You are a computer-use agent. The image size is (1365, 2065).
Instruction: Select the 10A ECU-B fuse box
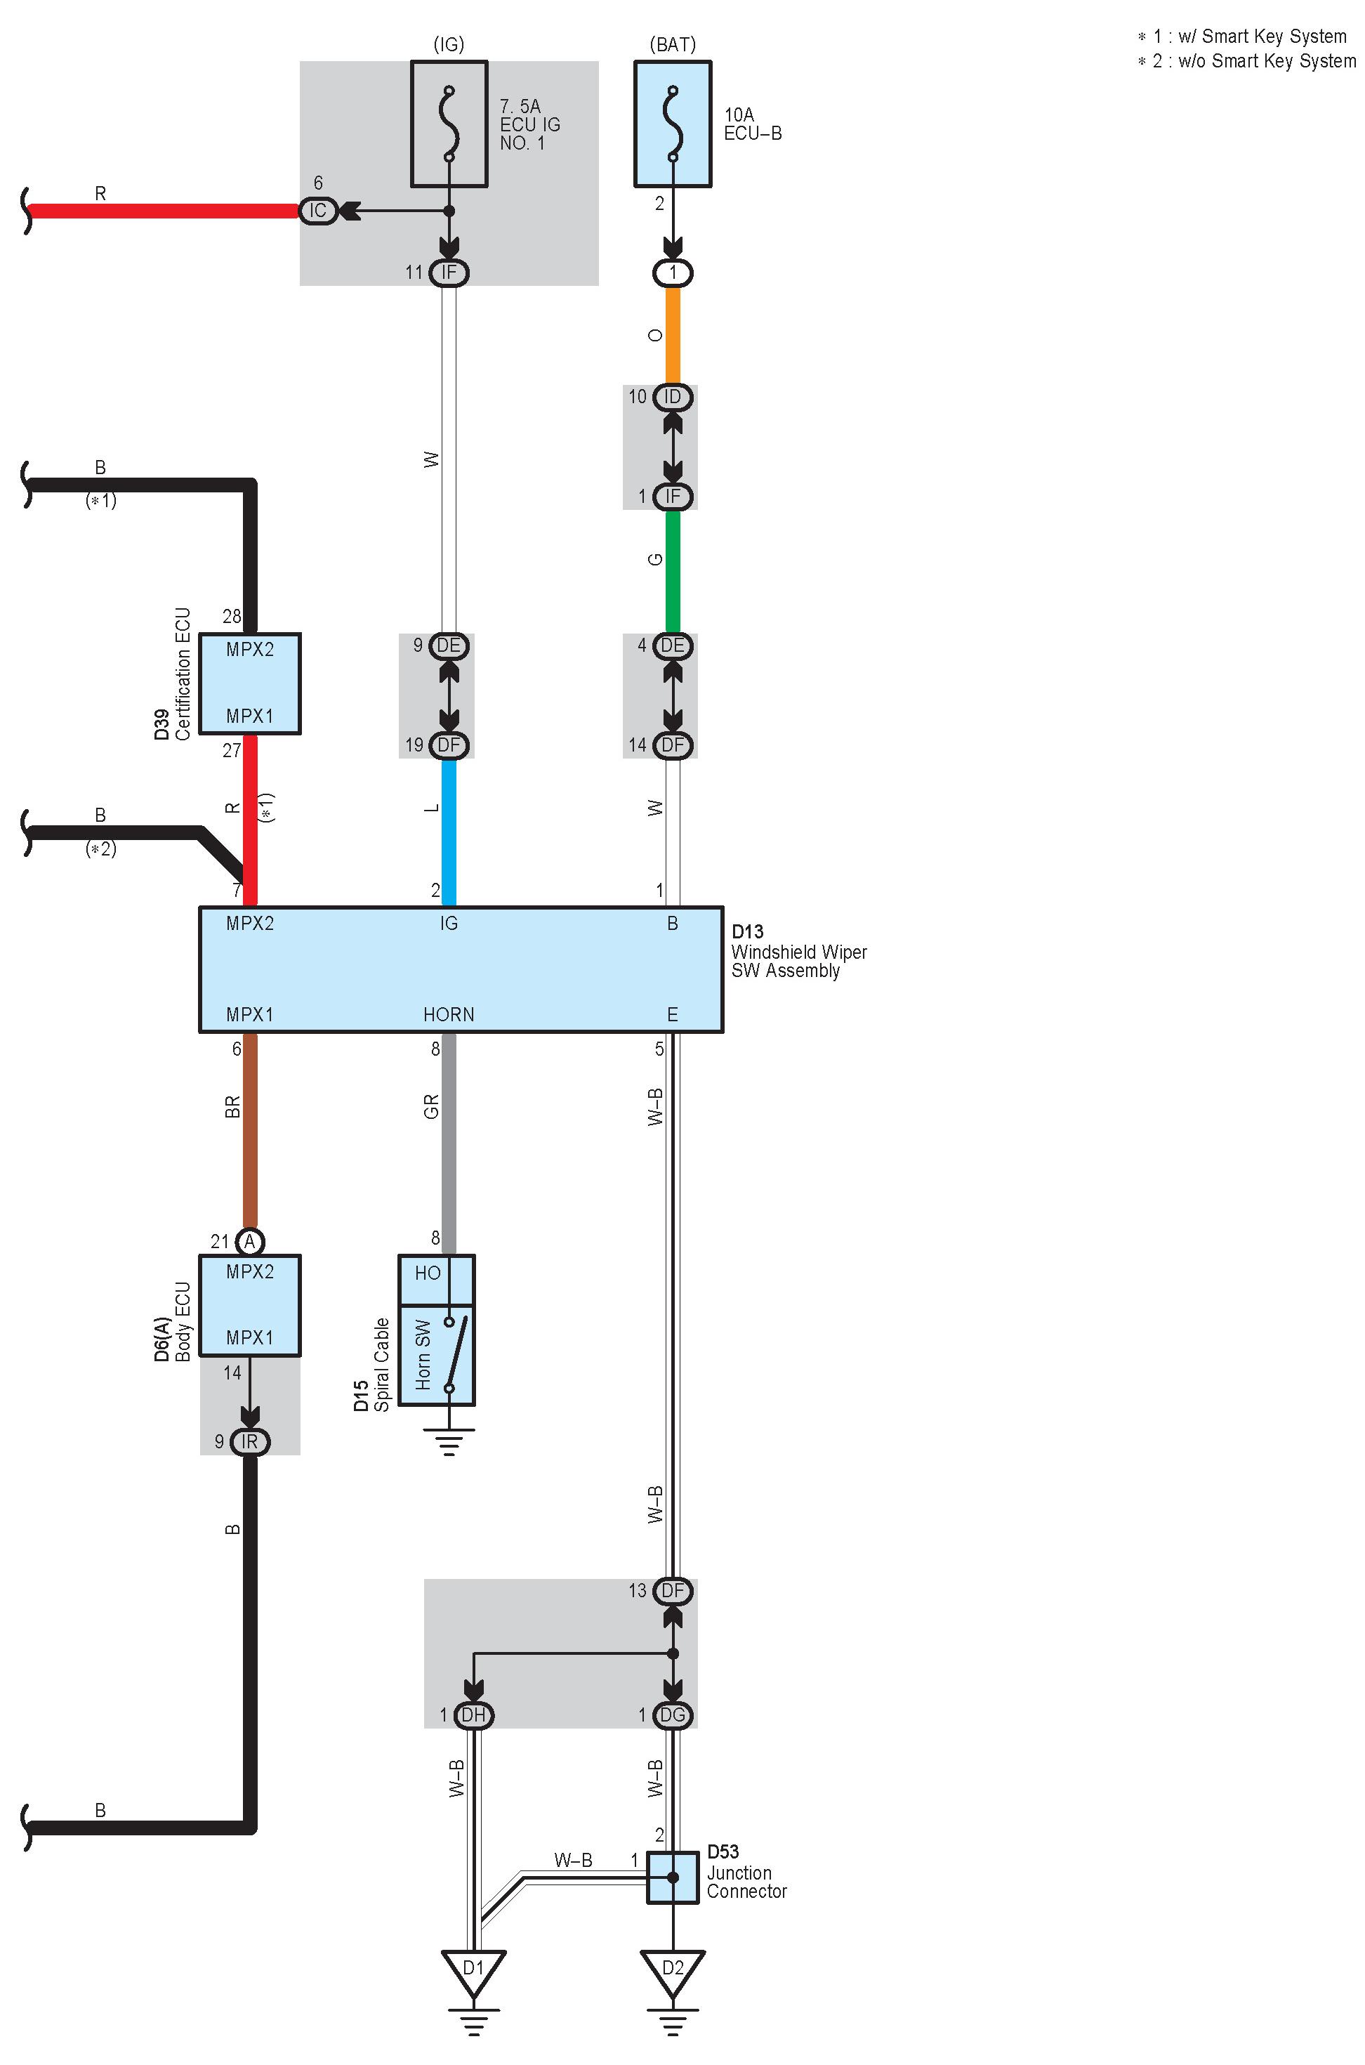[672, 124]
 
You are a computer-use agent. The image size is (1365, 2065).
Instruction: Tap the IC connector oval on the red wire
[318, 211]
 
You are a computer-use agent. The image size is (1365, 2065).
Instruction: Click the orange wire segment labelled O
[672, 335]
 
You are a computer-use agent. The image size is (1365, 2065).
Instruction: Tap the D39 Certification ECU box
[250, 683]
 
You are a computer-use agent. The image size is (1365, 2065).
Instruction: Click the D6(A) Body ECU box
[250, 1305]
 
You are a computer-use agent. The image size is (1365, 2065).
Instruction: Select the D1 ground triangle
[473, 1971]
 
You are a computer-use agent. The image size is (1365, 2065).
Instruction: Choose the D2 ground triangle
[672, 1971]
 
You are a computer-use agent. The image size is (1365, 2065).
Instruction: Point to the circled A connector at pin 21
[250, 1241]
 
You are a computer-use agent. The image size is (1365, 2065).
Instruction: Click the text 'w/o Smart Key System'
[1266, 61]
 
